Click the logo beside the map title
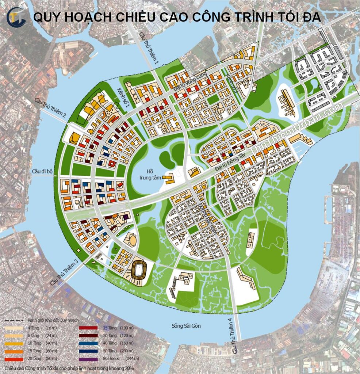[16, 18]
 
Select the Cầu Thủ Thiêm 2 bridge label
[50, 108]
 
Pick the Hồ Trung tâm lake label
[148, 174]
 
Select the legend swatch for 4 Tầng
[14, 328]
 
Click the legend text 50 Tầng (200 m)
[117, 351]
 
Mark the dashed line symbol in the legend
[14, 320]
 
